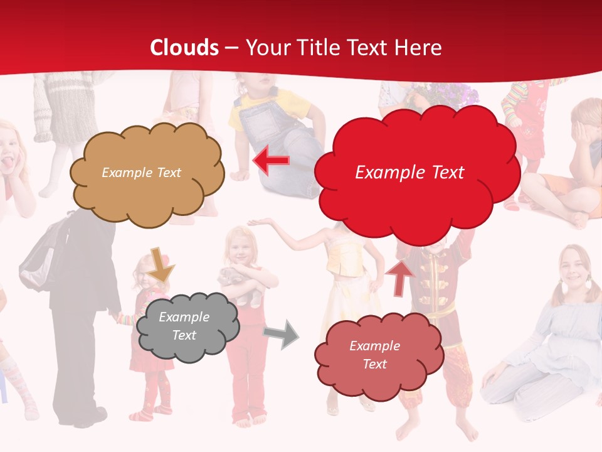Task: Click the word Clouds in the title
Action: pyautogui.click(x=184, y=48)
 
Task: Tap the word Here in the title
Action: pyautogui.click(x=417, y=48)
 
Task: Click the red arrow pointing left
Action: pyautogui.click(x=271, y=161)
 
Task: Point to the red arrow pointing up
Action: pyautogui.click(x=400, y=277)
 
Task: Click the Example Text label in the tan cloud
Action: pyautogui.click(x=142, y=173)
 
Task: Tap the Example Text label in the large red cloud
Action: pyautogui.click(x=409, y=173)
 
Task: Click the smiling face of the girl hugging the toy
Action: pyautogui.click(x=241, y=249)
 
